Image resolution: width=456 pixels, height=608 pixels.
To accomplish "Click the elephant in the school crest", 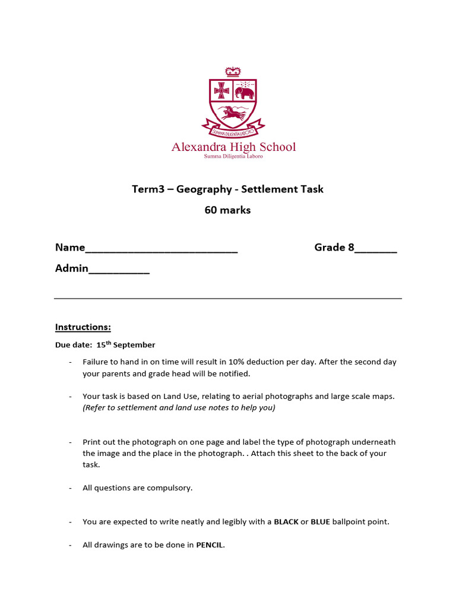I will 245,93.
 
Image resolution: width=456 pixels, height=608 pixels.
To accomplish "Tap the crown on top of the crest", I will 233,71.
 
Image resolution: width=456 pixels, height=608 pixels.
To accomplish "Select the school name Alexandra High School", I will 233,147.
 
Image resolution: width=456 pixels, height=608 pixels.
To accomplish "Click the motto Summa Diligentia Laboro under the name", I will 233,157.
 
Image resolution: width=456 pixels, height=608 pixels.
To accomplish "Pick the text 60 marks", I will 228,210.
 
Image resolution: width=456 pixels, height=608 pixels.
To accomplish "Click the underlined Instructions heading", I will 83,327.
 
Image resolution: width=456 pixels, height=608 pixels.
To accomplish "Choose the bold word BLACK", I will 286,522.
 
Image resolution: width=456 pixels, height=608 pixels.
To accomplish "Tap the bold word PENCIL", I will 210,544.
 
